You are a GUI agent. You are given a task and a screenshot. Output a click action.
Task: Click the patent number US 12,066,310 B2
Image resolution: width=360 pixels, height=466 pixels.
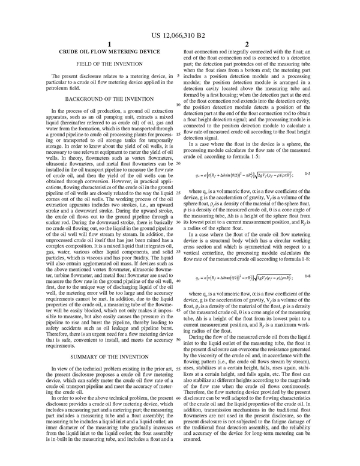point(180,28)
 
